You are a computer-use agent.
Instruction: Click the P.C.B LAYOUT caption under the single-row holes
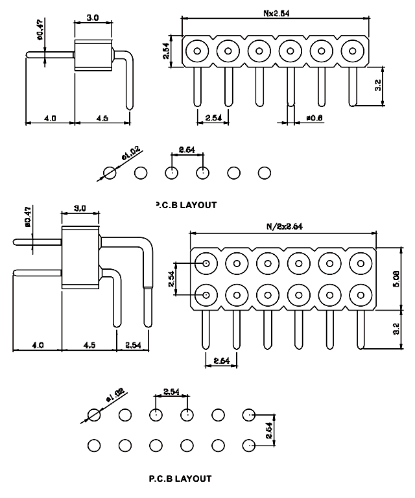pos(186,205)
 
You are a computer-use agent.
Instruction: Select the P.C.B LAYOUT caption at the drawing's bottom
pos(180,479)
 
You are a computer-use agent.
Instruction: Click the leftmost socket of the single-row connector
pos(196,50)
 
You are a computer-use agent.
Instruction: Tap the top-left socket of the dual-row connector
pos(206,263)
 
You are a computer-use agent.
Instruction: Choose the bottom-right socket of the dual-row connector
pos(361,295)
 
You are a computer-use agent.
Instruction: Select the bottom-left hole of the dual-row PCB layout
pos(94,445)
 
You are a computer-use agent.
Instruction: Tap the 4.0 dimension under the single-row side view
pos(49,118)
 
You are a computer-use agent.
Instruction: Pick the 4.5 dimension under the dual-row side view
pos(89,346)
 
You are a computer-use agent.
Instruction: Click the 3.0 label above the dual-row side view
pos(80,208)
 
